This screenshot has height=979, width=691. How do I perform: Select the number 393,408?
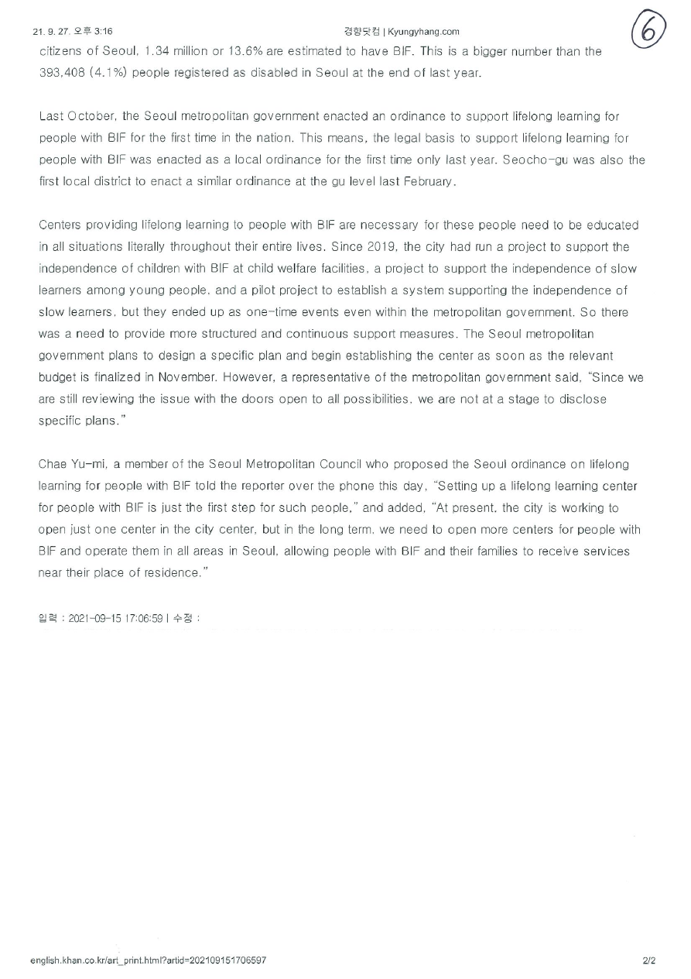(63, 74)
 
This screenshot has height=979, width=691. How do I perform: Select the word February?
(430, 182)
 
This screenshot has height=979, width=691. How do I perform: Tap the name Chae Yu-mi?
(73, 465)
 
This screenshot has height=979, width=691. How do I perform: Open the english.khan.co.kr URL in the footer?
(149, 960)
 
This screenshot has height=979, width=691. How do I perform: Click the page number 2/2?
(648, 960)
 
